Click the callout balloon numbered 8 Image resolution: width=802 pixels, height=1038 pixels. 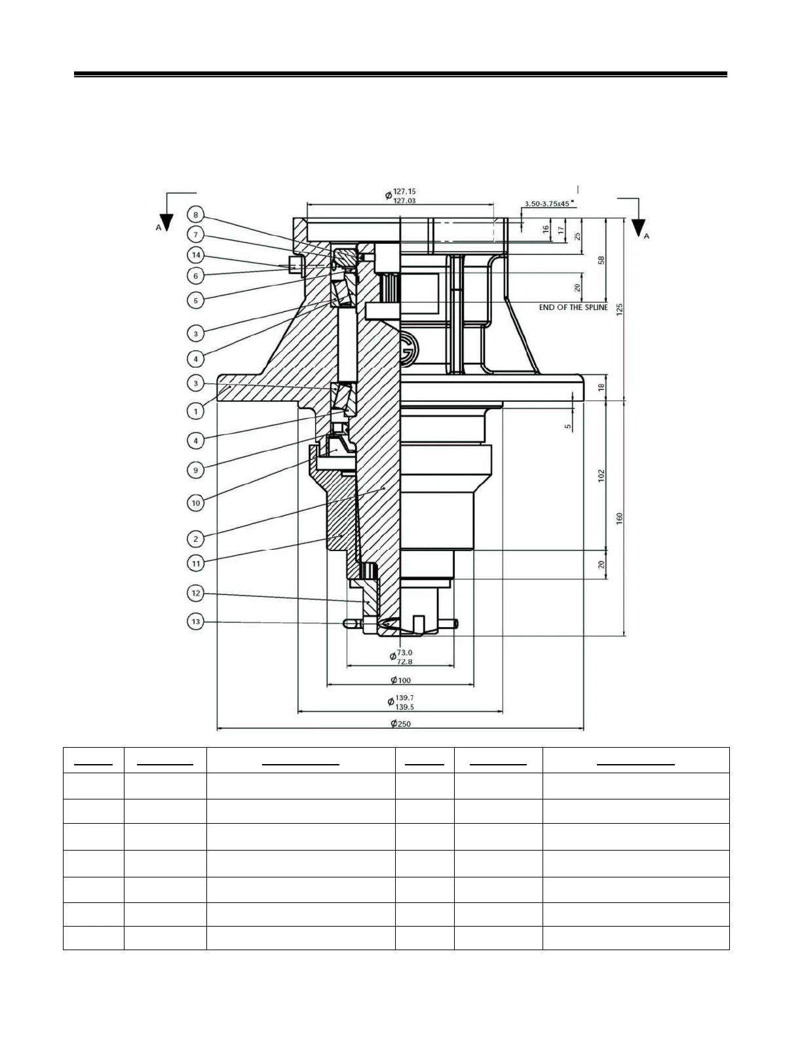point(195,214)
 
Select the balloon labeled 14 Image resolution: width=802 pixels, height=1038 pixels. point(195,255)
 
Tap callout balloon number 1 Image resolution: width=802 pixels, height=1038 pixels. point(195,412)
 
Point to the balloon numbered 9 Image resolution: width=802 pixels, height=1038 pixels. point(195,470)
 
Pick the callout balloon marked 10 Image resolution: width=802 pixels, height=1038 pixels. point(195,503)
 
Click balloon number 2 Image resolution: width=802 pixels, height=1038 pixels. point(195,539)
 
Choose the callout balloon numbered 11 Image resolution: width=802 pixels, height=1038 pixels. point(195,563)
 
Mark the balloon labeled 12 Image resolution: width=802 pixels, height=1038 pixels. point(195,594)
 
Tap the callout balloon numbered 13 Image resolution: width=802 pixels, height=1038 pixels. point(195,621)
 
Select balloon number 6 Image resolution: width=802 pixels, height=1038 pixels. point(195,276)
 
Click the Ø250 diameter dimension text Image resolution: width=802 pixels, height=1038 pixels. point(400,723)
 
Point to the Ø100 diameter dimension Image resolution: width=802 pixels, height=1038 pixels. point(400,680)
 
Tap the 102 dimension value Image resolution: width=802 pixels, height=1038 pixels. point(601,476)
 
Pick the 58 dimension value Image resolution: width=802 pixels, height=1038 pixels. point(601,260)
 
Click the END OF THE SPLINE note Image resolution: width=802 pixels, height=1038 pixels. point(573,307)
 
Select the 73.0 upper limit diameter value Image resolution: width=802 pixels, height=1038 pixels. point(404,652)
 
